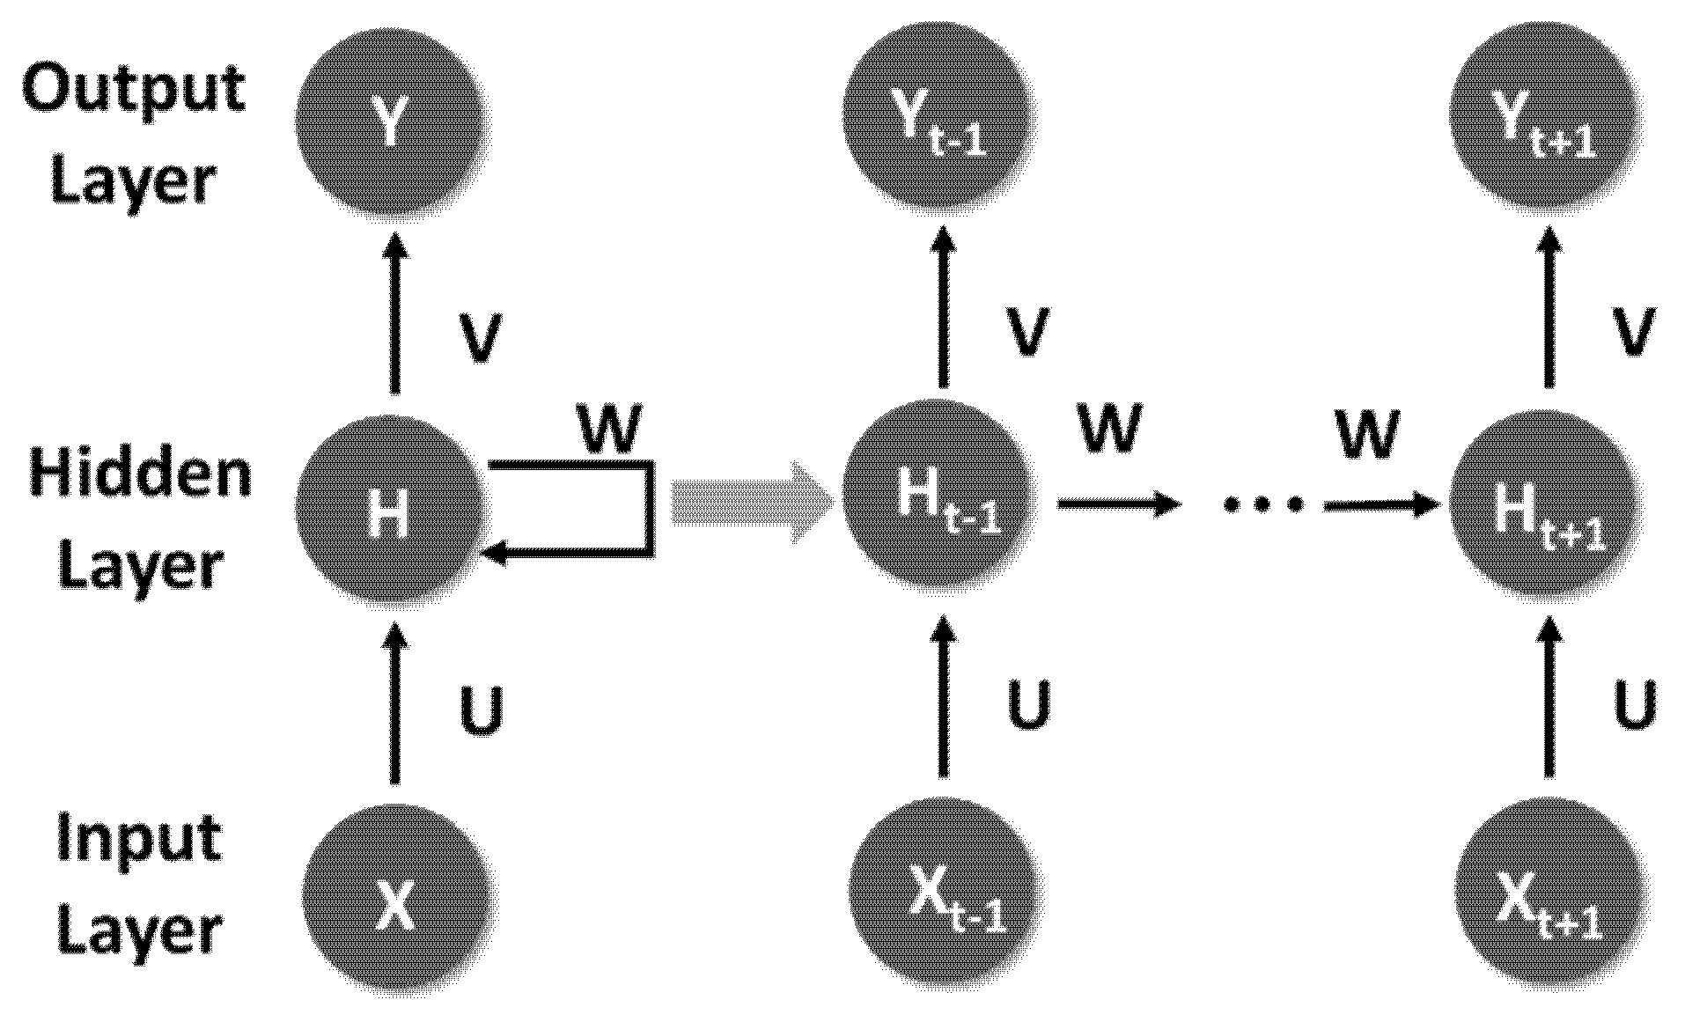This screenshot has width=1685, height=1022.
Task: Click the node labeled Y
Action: [393, 123]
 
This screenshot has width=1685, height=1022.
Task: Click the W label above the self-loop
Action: [610, 429]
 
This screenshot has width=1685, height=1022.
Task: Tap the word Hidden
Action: [140, 472]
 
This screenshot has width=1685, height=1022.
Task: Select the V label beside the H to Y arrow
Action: [480, 337]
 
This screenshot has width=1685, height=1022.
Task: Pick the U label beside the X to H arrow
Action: [482, 711]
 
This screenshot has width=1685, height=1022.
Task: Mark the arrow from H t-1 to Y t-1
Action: [944, 308]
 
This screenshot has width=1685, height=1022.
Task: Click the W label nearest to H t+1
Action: [1366, 433]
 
